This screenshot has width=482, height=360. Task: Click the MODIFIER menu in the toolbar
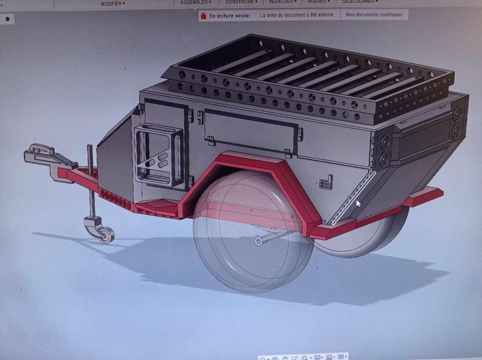coord(113,4)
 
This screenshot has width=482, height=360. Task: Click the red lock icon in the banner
coord(204,16)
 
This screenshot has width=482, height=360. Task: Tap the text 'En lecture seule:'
coord(230,16)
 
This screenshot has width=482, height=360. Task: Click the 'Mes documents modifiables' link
coord(374,15)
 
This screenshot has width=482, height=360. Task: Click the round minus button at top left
coord(7,19)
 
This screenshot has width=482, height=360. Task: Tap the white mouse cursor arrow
coord(359,205)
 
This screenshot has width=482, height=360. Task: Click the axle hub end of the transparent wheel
coord(259,241)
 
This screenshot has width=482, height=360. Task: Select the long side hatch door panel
coord(250,127)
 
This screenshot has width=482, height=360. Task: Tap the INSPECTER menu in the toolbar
coord(282,2)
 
